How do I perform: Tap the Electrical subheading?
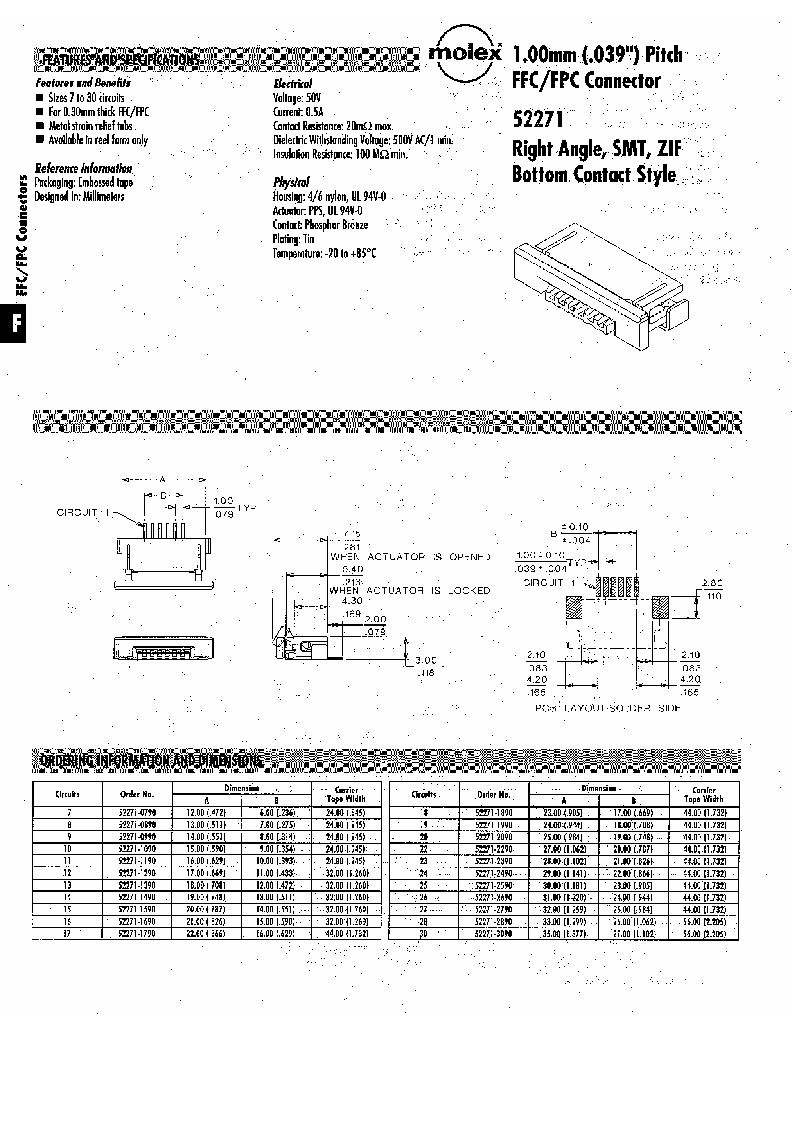(293, 84)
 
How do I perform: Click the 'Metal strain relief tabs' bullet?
(90, 126)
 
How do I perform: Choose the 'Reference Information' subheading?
(83, 168)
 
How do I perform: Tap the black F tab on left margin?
(13, 324)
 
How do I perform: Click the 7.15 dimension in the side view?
(352, 534)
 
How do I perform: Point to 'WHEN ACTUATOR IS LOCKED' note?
(410, 590)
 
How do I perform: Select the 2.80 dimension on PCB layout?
(712, 583)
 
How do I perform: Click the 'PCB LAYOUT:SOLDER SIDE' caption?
(608, 708)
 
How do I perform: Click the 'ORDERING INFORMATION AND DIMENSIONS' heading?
(151, 761)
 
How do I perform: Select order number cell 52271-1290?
(137, 873)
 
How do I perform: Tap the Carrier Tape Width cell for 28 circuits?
(704, 922)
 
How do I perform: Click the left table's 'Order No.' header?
(137, 794)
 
